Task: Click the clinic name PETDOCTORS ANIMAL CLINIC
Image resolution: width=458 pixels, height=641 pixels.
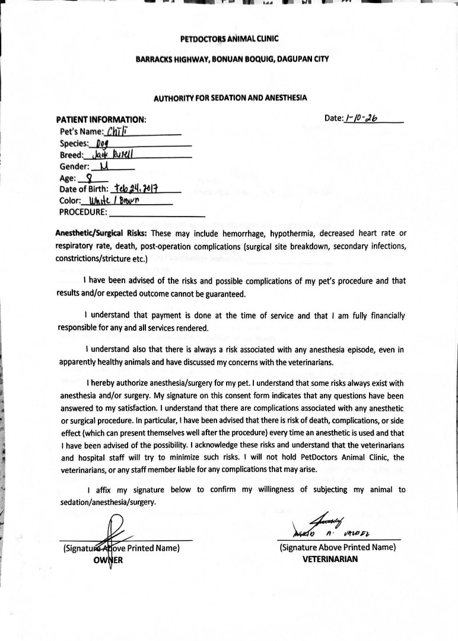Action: [x=229, y=39]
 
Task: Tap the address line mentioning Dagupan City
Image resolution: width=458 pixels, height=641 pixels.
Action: [x=228, y=59]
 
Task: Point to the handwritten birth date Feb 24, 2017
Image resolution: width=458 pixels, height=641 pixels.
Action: [x=135, y=189]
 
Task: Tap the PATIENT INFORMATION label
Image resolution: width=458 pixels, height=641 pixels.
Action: [x=101, y=119]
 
